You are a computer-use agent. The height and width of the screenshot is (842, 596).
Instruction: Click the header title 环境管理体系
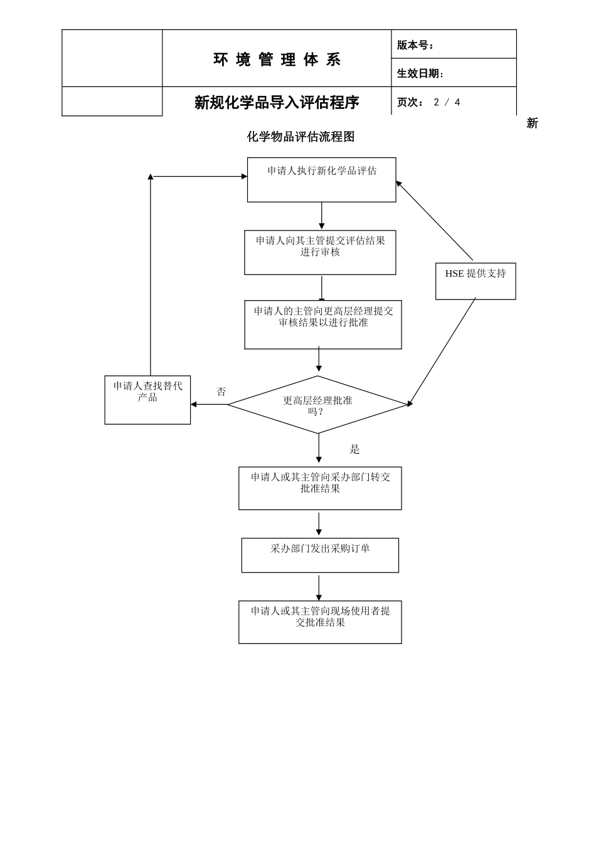coord(277,60)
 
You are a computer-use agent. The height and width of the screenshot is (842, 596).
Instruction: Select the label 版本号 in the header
coord(415,45)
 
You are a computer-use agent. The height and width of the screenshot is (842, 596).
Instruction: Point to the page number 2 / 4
coord(447,102)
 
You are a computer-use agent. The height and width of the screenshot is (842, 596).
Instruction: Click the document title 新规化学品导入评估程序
coord(277,102)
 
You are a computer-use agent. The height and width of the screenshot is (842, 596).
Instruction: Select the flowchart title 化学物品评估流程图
coord(301,137)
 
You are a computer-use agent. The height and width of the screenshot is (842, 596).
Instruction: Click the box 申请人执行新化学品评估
coord(321,180)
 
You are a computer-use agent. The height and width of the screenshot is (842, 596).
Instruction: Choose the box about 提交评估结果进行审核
coord(320,252)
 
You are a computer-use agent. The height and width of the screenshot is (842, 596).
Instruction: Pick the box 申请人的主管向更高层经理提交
coord(322,325)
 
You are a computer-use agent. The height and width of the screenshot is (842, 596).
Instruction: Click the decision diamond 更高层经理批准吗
coord(317,405)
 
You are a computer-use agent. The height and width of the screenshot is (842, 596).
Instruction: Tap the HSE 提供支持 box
coord(476,281)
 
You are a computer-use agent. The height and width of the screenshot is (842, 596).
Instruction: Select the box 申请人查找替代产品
coord(147,400)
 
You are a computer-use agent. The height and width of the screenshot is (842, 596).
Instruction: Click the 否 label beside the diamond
coord(221,392)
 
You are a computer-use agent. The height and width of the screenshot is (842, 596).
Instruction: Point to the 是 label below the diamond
coord(354,449)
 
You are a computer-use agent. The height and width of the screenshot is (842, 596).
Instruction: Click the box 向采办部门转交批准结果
coord(320,488)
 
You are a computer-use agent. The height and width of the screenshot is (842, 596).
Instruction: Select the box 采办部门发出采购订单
coord(320,555)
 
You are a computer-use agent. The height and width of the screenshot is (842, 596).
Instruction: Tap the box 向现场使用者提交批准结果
coord(320,622)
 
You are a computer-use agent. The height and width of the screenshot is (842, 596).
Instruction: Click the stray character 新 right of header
coord(532,123)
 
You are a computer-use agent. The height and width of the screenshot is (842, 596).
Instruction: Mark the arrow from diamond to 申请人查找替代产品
coord(209,405)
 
